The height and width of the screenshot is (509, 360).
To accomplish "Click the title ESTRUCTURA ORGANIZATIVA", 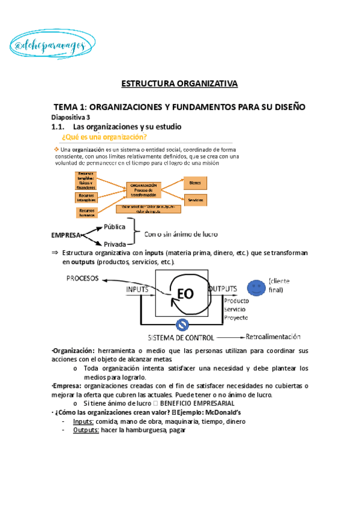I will [180, 83].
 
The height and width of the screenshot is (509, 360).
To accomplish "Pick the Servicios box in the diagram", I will [194, 199].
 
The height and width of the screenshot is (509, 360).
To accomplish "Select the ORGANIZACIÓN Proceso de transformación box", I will [145, 191].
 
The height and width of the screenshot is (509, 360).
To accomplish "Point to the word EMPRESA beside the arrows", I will [67, 235].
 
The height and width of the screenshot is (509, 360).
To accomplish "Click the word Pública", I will [115, 227].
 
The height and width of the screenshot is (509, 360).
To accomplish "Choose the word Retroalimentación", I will [274, 337].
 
